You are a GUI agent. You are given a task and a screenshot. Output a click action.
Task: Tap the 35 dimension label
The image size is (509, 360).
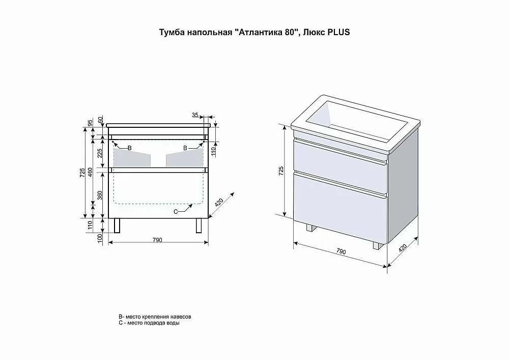coord(195,115)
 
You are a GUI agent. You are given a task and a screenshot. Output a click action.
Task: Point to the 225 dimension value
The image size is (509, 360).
coord(100,153)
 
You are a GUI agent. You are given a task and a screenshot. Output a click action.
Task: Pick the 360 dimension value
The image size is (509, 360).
coord(100,195)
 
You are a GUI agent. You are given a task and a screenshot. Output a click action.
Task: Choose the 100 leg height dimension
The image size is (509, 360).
coord(100,238)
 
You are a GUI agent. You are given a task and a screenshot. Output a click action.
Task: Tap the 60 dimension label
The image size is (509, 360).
coord(100,120)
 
